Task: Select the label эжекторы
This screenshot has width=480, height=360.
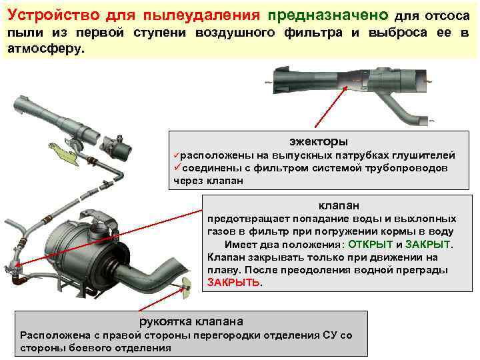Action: click(318, 141)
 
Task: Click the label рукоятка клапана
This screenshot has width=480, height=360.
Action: click(191, 321)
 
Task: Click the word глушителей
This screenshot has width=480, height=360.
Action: click(423, 155)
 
